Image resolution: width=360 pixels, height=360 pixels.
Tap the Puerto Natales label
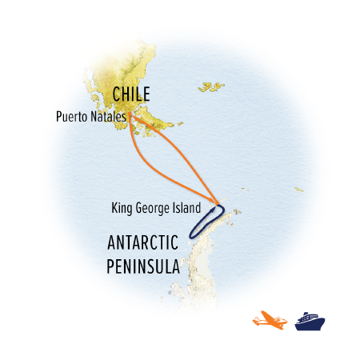90,115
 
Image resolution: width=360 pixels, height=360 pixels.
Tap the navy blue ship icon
310,321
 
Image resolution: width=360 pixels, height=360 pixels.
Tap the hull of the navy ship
310,326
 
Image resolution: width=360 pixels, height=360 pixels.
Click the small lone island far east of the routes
298,190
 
